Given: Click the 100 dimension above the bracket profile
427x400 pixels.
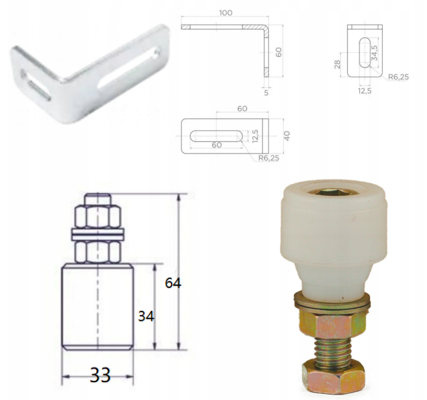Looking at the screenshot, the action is (x=226, y=13).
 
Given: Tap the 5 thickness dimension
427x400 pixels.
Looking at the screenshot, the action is (x=266, y=93).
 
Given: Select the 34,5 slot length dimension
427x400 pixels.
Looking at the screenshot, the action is (x=375, y=52).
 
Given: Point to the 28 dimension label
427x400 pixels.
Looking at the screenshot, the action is (x=337, y=65).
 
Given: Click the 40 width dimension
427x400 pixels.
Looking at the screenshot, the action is (x=287, y=136).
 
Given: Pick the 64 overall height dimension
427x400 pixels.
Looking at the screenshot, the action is (x=173, y=283).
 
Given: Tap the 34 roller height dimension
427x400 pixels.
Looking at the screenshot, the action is (x=146, y=316).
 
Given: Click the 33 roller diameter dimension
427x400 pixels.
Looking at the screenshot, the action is (x=100, y=375).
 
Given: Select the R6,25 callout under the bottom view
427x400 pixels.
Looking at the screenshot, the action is (x=268, y=158).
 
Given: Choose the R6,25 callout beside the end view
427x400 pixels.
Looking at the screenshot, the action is (x=399, y=77).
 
